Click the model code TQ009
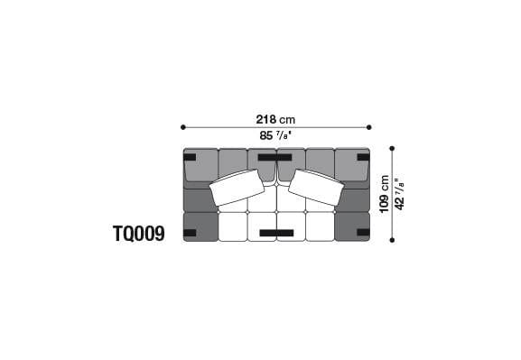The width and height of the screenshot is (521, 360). [138, 235]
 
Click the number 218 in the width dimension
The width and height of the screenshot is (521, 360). [266, 119]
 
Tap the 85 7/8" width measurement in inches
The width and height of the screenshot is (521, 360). [275, 136]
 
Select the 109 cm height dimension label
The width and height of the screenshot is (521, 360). [385, 193]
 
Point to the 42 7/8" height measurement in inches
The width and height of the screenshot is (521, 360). [400, 193]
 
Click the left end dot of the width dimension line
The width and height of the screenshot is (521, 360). [183, 127]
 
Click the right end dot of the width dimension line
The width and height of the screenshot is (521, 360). [368, 127]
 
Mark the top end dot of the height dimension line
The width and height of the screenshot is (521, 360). [393, 148]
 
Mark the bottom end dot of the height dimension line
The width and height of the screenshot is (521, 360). [393, 241]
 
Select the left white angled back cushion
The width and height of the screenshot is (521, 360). [237, 188]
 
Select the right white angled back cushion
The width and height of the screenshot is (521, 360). [314, 188]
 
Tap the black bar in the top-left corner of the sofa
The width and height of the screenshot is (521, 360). [190, 157]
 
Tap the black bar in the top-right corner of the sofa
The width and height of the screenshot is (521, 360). [362, 157]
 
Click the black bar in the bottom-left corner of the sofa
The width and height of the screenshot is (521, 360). [190, 233]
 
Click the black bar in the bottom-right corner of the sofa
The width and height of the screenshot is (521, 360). [362, 233]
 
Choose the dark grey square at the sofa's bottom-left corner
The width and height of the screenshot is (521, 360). [200, 226]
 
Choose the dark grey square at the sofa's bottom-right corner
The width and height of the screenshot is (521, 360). [352, 226]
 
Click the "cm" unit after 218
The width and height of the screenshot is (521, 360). [287, 119]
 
